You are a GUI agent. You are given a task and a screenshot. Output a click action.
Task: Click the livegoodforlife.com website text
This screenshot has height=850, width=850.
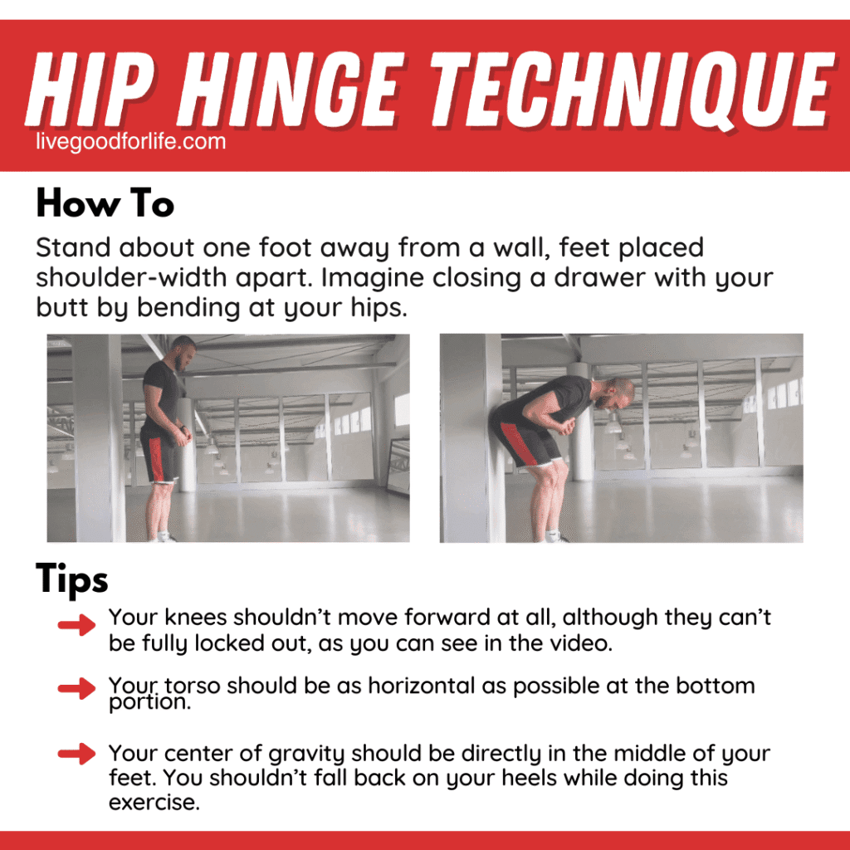pyautogui.click(x=131, y=141)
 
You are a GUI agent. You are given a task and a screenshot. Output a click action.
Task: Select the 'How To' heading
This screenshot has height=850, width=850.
pyautogui.click(x=105, y=203)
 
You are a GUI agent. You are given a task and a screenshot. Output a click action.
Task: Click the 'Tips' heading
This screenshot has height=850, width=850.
pyautogui.click(x=72, y=579)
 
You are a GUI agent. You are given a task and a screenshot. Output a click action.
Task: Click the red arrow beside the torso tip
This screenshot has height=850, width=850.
pyautogui.click(x=77, y=688)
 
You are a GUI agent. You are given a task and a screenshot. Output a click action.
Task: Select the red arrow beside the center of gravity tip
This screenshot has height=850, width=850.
pyautogui.click(x=77, y=754)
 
